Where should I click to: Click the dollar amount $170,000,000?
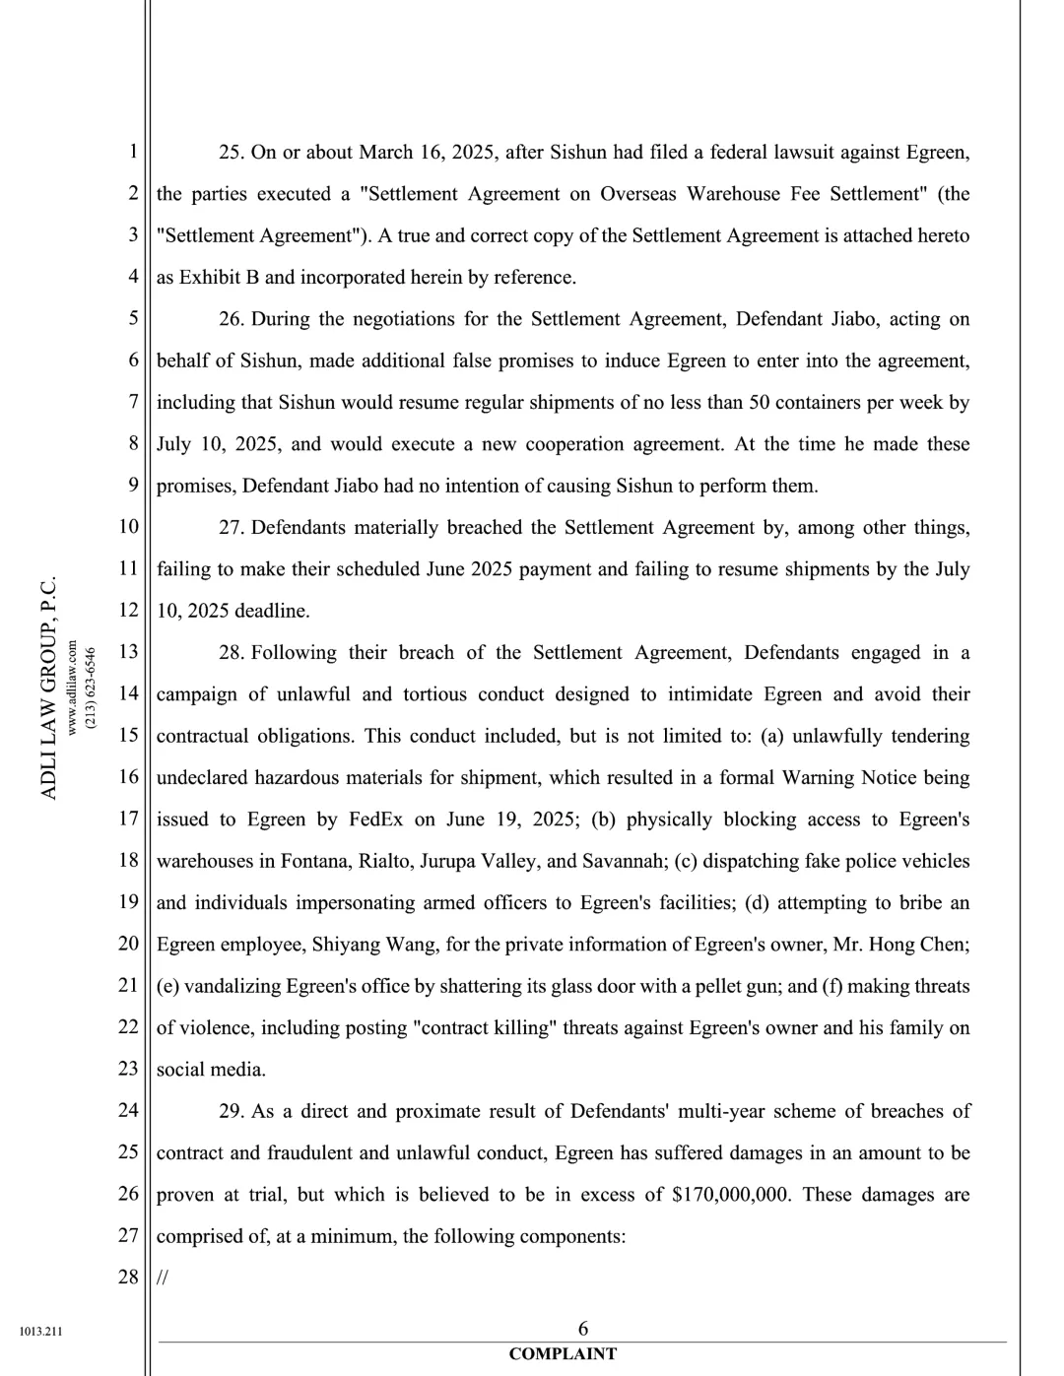coord(730,1195)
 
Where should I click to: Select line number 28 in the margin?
coord(128,1278)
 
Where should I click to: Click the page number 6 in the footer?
coord(583,1329)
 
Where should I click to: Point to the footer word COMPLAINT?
coord(563,1354)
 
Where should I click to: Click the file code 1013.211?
coord(40,1332)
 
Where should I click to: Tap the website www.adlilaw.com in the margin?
coord(72,688)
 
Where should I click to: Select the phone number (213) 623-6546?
coord(91,688)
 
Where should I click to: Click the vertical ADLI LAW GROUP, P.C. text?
coord(48,688)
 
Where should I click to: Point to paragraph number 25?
coord(231,153)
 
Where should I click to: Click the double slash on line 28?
coord(163,1278)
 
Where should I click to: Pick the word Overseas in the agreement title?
coord(638,194)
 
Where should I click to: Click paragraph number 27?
coord(231,528)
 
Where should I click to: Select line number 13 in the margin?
coord(128,652)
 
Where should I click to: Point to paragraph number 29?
coord(231,1112)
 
